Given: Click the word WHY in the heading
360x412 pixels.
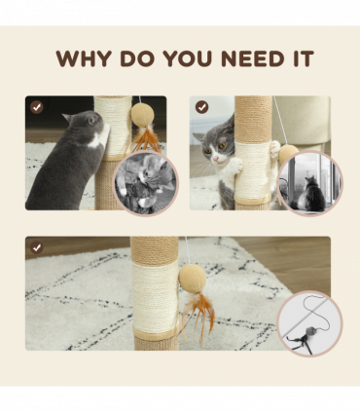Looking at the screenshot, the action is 84,58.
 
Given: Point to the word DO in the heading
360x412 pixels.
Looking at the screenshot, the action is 136,58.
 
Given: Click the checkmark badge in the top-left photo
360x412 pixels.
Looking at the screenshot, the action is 37,107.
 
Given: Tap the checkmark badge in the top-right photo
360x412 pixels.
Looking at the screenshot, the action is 201,107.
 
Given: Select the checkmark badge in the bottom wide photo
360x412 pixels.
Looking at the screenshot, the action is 37,247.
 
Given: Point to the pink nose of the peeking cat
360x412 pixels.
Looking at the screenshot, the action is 215,159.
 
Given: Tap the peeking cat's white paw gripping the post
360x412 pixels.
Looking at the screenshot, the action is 235,165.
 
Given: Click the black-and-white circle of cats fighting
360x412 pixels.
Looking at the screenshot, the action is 146,183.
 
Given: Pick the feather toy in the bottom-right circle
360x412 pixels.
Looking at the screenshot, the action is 304,338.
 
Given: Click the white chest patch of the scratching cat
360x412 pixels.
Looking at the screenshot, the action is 95,142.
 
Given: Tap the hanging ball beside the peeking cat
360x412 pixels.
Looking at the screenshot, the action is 289,154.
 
